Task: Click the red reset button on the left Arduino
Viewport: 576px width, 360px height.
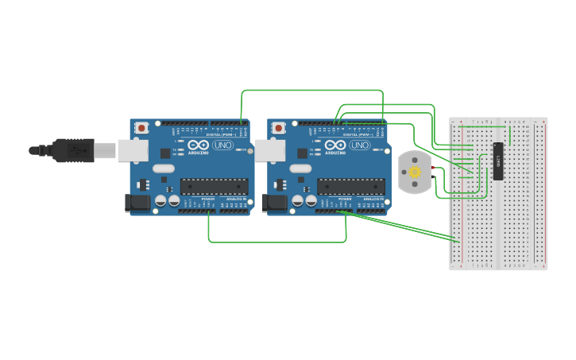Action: tap(141, 127)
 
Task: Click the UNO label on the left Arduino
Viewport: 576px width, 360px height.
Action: tap(223, 145)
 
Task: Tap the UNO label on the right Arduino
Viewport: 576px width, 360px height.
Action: tap(360, 145)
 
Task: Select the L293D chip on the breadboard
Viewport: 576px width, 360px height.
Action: tap(498, 161)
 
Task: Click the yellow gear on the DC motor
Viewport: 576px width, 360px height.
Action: tap(414, 172)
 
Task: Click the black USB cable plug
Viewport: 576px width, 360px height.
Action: tap(75, 149)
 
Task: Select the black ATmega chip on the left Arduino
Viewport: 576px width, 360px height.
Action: tap(213, 187)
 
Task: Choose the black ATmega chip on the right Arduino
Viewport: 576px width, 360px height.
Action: tap(350, 187)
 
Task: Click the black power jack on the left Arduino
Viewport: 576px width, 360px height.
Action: tap(138, 203)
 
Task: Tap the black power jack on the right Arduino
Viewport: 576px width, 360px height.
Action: tap(276, 203)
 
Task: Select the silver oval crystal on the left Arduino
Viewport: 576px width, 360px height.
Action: tap(164, 168)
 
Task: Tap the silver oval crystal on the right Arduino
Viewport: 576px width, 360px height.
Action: tap(301, 168)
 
